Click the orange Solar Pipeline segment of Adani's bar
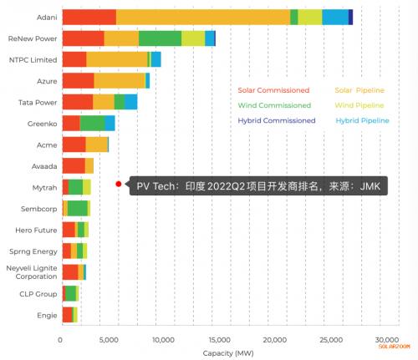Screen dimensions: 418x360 click(x=203, y=18)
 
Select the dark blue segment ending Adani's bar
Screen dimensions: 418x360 click(x=350, y=18)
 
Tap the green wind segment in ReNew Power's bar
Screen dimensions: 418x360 click(x=160, y=38)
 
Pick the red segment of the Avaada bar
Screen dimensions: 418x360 click(x=74, y=166)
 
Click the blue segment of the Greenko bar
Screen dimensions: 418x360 click(x=110, y=124)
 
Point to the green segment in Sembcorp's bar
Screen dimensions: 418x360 click(x=78, y=209)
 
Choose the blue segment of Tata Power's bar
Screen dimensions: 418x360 click(x=130, y=102)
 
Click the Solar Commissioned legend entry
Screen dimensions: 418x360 click(x=273, y=90)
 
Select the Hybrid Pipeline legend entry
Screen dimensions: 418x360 click(x=362, y=120)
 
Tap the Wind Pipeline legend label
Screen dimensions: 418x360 click(x=359, y=105)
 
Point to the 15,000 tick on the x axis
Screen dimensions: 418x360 click(x=220, y=340)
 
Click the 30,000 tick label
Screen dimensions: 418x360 click(x=387, y=340)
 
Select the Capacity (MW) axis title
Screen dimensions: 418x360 click(x=228, y=353)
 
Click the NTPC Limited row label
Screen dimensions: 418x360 click(x=33, y=60)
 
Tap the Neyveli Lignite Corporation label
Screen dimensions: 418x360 click(x=32, y=272)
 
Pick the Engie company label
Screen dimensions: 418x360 click(x=47, y=316)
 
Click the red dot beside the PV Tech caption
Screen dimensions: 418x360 click(x=119, y=184)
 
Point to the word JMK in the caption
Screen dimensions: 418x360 click(x=370, y=186)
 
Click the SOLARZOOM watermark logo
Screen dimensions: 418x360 click(x=394, y=347)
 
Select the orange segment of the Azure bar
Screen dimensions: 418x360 click(x=120, y=81)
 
